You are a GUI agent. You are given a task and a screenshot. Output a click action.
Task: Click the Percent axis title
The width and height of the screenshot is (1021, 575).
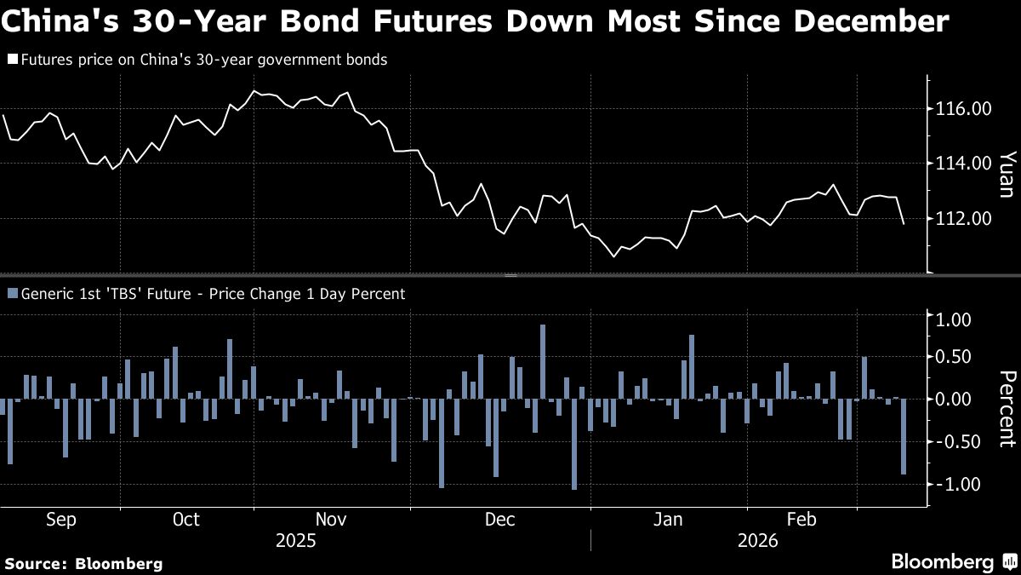(x=1007, y=409)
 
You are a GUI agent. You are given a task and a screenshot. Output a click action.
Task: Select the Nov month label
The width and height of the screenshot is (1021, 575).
(x=330, y=520)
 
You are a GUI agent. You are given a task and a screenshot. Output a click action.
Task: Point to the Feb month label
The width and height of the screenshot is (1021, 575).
(x=801, y=520)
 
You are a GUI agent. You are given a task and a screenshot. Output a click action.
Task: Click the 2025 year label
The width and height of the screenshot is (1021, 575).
(x=294, y=541)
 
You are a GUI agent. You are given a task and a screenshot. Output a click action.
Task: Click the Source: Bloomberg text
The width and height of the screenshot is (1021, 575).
(x=83, y=563)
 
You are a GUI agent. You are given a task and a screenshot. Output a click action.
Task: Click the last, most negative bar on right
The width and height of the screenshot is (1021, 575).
(x=904, y=436)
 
